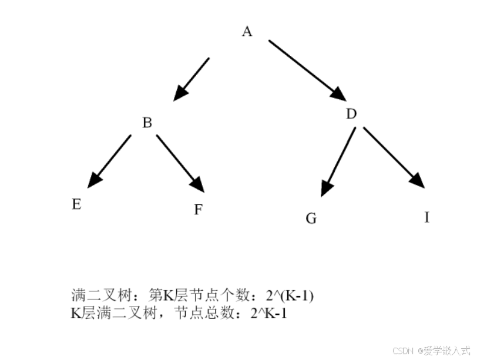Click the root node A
[x=247, y=32]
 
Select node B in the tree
[x=147, y=123]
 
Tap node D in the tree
[x=351, y=114]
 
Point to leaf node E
[x=76, y=204]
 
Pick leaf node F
[x=199, y=210]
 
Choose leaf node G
[x=311, y=218]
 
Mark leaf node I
[x=427, y=217]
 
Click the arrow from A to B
[x=192, y=79]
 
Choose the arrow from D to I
[x=394, y=157]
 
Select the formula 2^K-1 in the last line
[x=268, y=313]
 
